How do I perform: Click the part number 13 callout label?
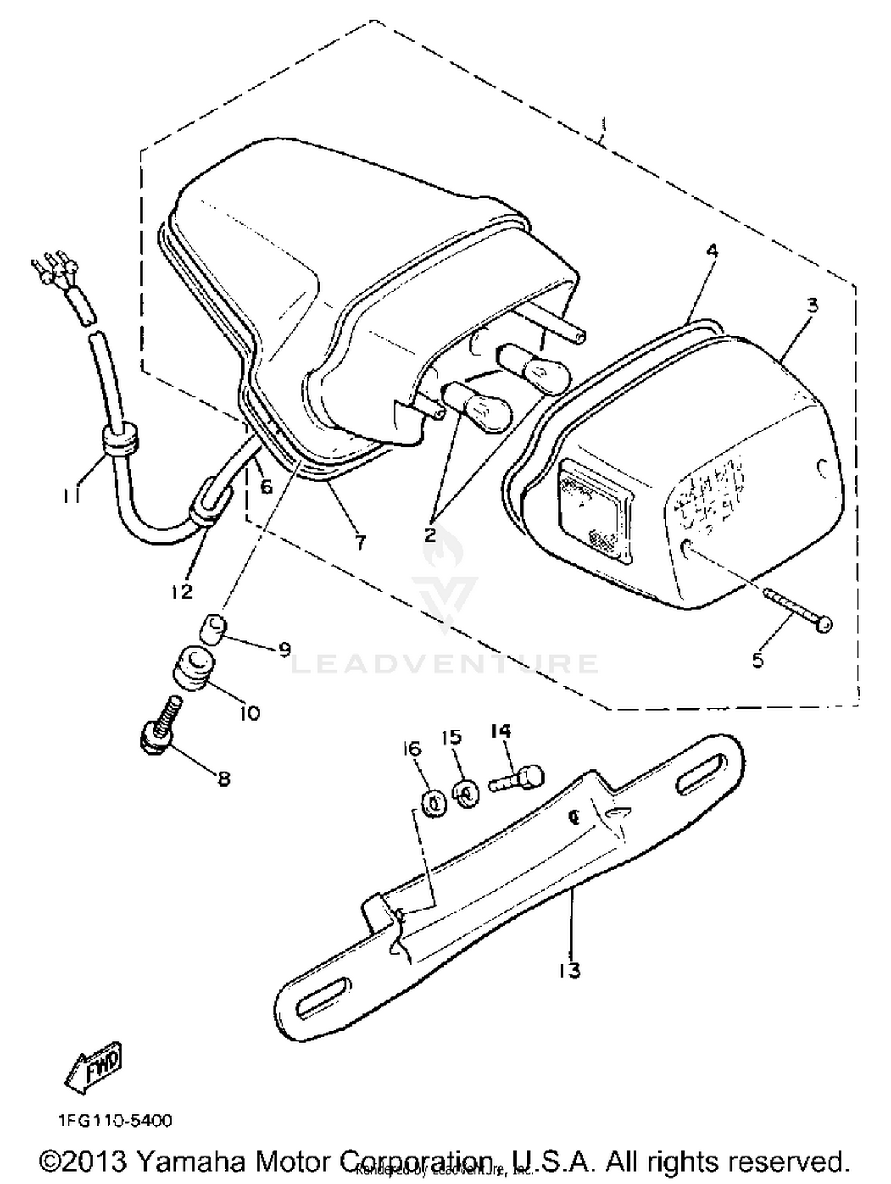point(569,971)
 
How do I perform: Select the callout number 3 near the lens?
point(812,306)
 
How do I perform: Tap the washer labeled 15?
point(467,793)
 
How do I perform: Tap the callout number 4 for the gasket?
point(712,251)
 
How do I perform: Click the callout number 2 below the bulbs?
point(430,534)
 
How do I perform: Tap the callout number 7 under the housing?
point(361,542)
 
